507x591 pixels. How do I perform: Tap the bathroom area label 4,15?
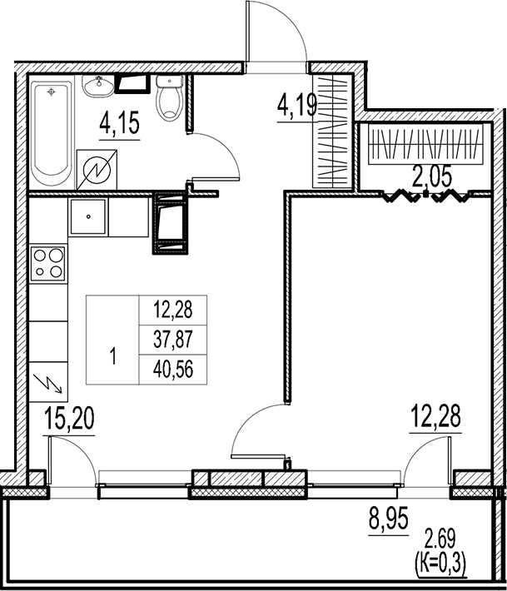coord(118,125)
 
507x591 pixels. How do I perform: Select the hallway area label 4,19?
coord(296,106)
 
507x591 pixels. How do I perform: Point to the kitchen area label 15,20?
coord(70,417)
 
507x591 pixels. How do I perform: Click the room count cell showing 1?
coord(114,358)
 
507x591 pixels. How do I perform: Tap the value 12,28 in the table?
coord(172,310)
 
